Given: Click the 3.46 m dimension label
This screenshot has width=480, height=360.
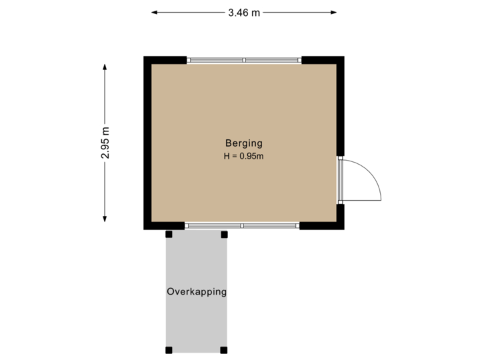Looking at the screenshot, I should (x=244, y=12).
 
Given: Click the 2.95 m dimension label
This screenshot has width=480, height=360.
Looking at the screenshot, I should (x=105, y=143).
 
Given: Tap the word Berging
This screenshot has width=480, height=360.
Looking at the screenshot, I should (x=243, y=143).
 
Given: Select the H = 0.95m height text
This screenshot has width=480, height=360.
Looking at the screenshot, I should (x=244, y=157).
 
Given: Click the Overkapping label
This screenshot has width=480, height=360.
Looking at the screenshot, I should (x=197, y=292).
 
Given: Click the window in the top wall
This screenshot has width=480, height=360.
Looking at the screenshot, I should (x=244, y=60).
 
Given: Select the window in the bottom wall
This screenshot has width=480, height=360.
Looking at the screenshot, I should (x=242, y=227).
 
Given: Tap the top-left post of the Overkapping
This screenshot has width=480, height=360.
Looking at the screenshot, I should (x=169, y=234).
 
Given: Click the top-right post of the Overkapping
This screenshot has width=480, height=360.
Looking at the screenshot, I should (x=224, y=234).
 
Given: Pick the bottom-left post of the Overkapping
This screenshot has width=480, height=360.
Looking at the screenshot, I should (x=169, y=350).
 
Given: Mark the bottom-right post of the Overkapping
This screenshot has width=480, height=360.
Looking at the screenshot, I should (x=224, y=350).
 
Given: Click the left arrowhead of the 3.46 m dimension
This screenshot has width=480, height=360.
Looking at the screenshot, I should (x=154, y=12).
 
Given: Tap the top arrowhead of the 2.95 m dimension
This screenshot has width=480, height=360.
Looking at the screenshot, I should (x=105, y=65).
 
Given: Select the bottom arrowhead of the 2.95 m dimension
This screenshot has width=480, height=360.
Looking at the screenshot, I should (x=105, y=219).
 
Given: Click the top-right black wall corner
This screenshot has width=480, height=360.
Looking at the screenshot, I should (x=340, y=60).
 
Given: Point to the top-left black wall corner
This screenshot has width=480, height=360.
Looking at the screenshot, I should (x=147, y=60).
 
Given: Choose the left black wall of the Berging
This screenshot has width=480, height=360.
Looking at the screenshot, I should (x=147, y=143).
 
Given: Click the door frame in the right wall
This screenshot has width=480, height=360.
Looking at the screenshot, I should (x=340, y=180).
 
